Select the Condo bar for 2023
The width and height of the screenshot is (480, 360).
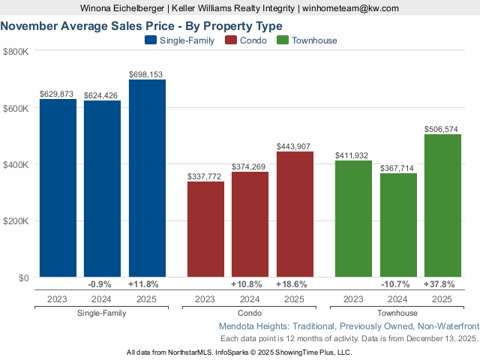pyautogui.click(x=205, y=229)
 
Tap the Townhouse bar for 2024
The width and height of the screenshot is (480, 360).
pyautogui.click(x=398, y=225)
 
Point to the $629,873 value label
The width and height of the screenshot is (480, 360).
pyautogui.click(x=58, y=94)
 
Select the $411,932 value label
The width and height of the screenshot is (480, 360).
pyautogui.click(x=353, y=155)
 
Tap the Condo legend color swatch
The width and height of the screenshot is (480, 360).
pyautogui.click(x=231, y=40)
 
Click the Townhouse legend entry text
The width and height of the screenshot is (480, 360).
pyautogui.click(x=314, y=40)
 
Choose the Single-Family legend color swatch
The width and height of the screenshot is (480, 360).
pyautogui.click(x=150, y=40)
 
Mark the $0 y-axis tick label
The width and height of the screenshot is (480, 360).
pyautogui.click(x=22, y=278)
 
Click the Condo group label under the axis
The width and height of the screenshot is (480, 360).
pyautogui.click(x=250, y=313)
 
